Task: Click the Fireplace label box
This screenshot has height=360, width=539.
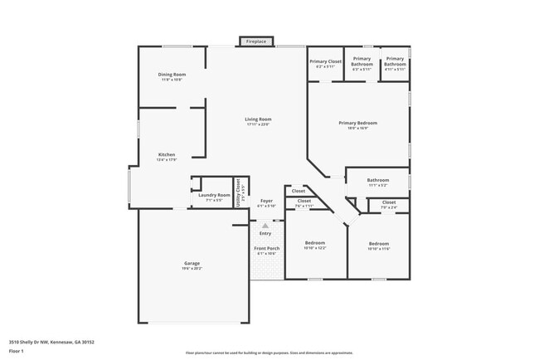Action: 256,41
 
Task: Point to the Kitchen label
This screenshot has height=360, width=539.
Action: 167,157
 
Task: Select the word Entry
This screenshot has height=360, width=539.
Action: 265,233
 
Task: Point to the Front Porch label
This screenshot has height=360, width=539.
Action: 266,251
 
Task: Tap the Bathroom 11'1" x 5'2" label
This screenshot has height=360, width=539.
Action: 378,182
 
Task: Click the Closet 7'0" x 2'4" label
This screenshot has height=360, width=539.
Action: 388,204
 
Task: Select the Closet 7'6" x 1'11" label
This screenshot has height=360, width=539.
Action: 303,203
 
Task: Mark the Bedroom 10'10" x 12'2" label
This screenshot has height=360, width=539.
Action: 315,245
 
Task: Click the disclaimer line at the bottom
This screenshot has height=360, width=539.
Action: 269,353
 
